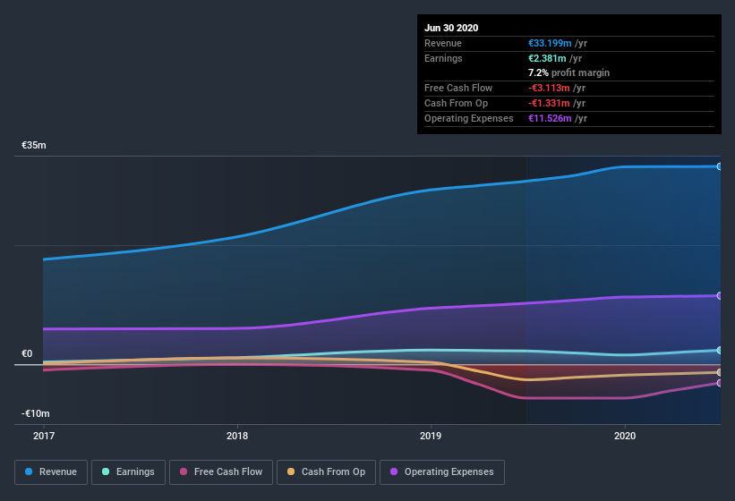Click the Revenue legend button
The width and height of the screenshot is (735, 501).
[x=52, y=471]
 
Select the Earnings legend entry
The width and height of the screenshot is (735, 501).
[x=129, y=471]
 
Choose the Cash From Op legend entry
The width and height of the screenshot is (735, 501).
[x=326, y=471]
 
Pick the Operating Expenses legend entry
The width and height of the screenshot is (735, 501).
[x=441, y=471]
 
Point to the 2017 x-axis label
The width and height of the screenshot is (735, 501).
[x=44, y=436]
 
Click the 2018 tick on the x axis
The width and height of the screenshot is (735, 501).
[x=237, y=436]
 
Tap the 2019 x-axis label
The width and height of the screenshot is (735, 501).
[x=431, y=436]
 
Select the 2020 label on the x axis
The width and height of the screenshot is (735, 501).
[x=625, y=436]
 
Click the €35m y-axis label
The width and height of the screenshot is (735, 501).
[x=34, y=145]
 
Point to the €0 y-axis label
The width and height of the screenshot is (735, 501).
[x=27, y=353]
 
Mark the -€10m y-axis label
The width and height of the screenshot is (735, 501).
[x=36, y=413]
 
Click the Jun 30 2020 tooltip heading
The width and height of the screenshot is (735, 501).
[x=451, y=28]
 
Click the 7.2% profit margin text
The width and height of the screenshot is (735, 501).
[x=568, y=72]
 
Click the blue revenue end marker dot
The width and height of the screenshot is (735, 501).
[x=719, y=166]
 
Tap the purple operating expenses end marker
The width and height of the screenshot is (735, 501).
[x=719, y=295]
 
